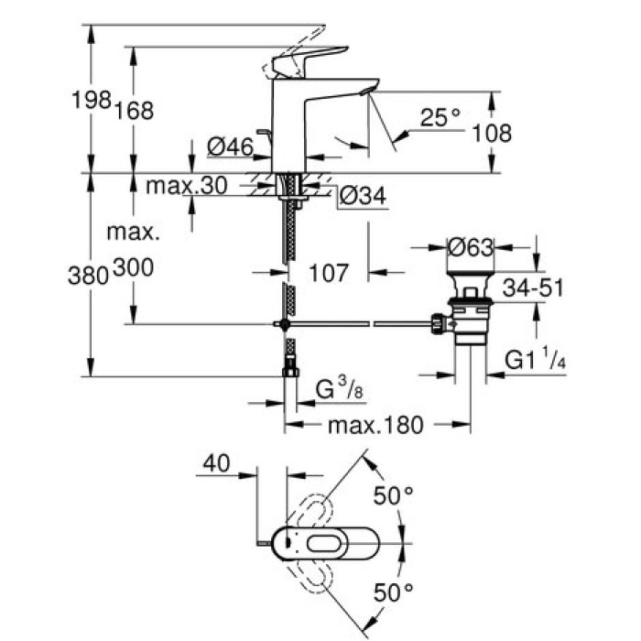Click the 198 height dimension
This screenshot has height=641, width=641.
92,100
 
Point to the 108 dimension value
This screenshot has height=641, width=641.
492,134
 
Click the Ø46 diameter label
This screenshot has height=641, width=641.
230,147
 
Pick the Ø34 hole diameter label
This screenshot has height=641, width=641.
362,196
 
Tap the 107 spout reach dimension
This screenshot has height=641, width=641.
327,272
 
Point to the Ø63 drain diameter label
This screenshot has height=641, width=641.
471,247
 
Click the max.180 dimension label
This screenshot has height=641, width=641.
377,425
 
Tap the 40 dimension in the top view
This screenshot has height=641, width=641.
215,464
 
